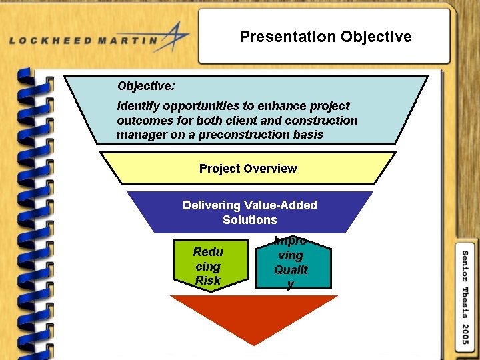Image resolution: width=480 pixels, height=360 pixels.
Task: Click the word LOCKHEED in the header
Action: pyautogui.click(x=55, y=41)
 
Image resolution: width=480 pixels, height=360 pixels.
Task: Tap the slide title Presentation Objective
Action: pyautogui.click(x=325, y=37)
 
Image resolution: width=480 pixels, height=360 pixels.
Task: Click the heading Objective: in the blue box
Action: pyautogui.click(x=147, y=86)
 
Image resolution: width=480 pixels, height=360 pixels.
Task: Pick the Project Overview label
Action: pyautogui.click(x=248, y=169)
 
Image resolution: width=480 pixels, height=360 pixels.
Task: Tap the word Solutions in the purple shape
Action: pyautogui.click(x=250, y=220)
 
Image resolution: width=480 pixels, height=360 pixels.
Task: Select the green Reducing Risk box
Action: pyautogui.click(x=207, y=265)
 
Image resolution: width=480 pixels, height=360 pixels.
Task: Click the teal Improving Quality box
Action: pyautogui.click(x=293, y=263)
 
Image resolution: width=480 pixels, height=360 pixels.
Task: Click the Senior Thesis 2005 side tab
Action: pyautogui.click(x=465, y=296)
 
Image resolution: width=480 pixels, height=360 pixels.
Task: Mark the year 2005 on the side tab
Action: pyautogui.click(x=465, y=333)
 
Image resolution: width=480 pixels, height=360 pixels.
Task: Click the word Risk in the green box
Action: pyautogui.click(x=207, y=281)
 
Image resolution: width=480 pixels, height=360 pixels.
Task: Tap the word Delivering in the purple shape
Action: pyautogui.click(x=211, y=205)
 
